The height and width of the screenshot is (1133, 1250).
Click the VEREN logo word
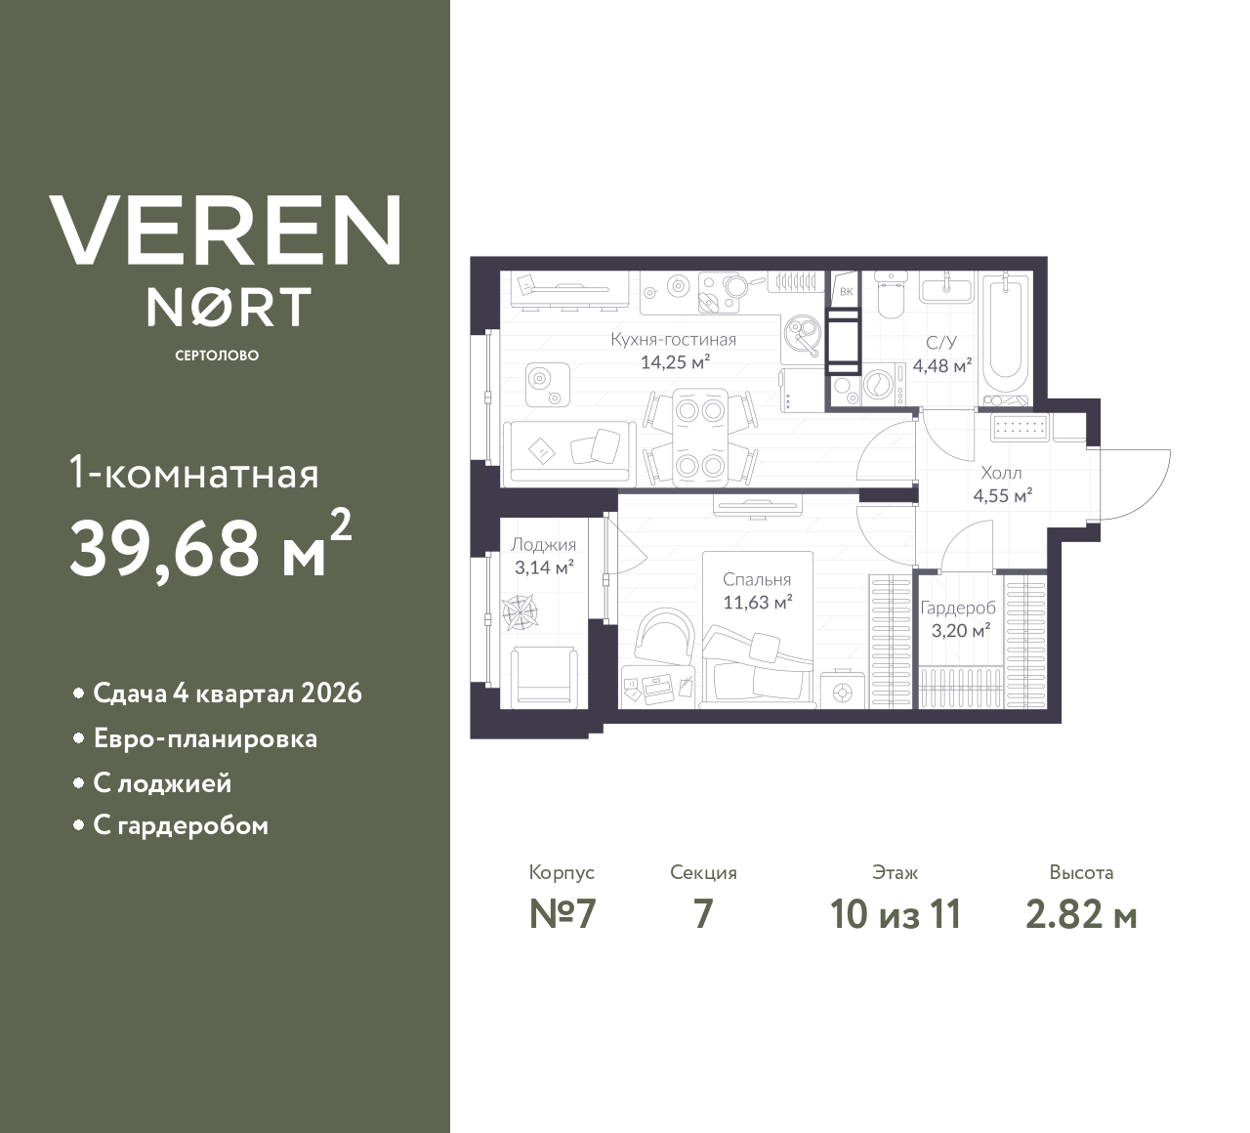[x=225, y=231]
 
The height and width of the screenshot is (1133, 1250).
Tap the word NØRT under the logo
[x=229, y=308]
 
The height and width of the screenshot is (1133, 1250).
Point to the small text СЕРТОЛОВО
[x=217, y=356]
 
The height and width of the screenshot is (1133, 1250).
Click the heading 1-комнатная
[x=193, y=475]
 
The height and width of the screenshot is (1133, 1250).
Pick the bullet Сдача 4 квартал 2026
[x=227, y=693]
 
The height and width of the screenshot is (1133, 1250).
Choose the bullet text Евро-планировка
[x=205, y=738]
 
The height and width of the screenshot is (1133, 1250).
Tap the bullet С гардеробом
[x=181, y=826]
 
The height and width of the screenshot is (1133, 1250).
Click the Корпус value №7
[x=562, y=914]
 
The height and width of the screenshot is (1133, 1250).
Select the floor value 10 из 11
[x=896, y=914]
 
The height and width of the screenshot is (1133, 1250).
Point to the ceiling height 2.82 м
[x=1081, y=914]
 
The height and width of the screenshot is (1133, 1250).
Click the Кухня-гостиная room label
[x=673, y=340]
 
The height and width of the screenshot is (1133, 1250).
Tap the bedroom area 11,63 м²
[x=757, y=603]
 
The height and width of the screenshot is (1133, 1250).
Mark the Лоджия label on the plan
[x=543, y=545]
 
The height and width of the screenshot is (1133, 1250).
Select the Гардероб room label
[x=958, y=608]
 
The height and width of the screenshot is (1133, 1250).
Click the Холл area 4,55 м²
[x=1002, y=495]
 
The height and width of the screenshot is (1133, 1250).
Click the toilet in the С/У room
[x=890, y=296]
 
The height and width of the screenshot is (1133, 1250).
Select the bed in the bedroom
[x=757, y=664]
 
